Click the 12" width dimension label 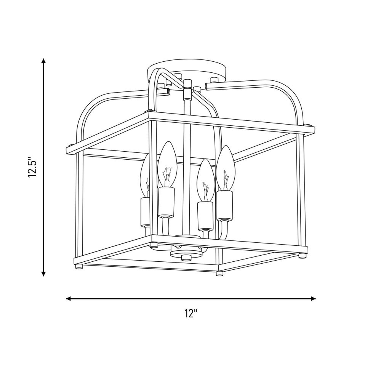tap(190, 313)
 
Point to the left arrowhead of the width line tap(69, 298)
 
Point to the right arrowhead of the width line tap(313, 298)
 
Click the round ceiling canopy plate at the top tap(187, 70)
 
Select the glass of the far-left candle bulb tap(145, 176)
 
